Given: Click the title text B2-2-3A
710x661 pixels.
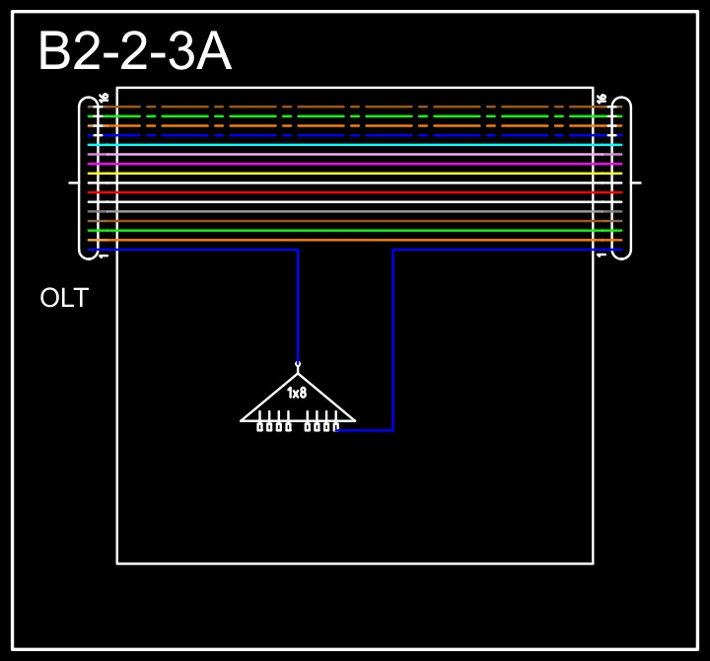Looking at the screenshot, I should click(x=134, y=52).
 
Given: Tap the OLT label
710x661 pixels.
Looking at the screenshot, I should click(x=64, y=298).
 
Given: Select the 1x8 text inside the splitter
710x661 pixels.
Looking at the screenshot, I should click(x=297, y=393).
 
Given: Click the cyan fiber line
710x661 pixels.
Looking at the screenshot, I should click(x=355, y=145).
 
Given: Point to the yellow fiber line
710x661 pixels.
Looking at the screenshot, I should click(x=355, y=174).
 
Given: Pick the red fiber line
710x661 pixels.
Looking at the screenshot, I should click(x=355, y=192).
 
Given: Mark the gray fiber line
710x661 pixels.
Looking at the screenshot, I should click(x=355, y=211).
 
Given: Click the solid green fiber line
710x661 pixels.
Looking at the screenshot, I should click(x=355, y=231).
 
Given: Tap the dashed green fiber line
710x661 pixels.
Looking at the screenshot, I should click(x=325, y=116).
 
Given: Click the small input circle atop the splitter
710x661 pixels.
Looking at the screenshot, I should click(x=298, y=364).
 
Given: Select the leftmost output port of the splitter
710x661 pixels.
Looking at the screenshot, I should click(x=260, y=426).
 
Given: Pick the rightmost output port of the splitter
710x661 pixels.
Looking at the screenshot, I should click(x=335, y=426).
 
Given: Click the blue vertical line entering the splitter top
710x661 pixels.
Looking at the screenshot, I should click(x=298, y=306).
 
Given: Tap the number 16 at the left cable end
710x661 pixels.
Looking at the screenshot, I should click(x=104, y=98).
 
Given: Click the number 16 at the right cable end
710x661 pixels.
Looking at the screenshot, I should click(x=602, y=98).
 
